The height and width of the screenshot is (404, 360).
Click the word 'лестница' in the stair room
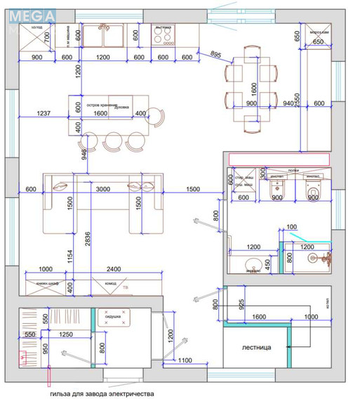point(255,346)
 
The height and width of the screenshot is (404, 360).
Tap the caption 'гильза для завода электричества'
point(101,394)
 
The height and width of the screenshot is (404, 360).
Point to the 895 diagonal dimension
point(215,55)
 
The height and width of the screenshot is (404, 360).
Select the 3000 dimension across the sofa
point(103,190)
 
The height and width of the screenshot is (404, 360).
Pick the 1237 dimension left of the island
point(44,112)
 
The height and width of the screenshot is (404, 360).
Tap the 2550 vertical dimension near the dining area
point(297,102)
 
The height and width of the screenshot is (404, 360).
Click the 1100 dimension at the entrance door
point(185,360)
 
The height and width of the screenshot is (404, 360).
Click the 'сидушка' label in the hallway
point(114,316)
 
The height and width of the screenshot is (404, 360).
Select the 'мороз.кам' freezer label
point(317,33)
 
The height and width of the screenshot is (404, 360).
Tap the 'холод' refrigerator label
point(37,27)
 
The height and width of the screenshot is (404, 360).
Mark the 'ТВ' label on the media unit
point(126,287)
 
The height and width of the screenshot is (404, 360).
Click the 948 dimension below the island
point(85,154)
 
